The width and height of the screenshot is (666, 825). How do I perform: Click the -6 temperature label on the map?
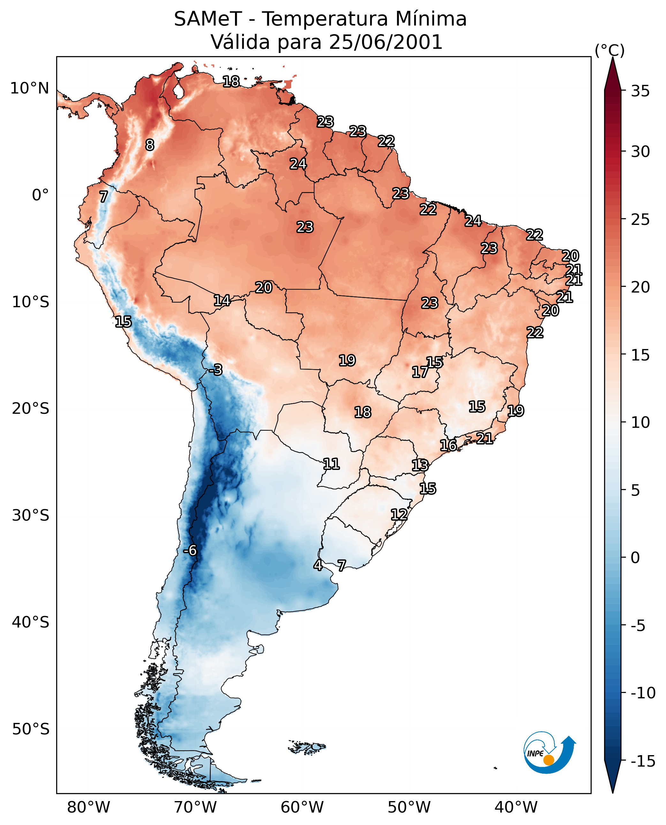(190, 551)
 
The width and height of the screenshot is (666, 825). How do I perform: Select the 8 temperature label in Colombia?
(150, 145)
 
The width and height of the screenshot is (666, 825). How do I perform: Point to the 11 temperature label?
(331, 464)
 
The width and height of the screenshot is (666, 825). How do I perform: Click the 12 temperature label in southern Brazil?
(399, 515)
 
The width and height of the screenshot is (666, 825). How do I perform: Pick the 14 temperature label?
(222, 301)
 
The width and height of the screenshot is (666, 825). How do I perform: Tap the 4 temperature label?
(318, 565)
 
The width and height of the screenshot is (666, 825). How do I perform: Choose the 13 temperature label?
(420, 465)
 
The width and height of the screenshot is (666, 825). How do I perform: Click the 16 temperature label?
(448, 445)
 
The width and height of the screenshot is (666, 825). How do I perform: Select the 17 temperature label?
(420, 372)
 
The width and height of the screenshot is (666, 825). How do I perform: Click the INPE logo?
(549, 752)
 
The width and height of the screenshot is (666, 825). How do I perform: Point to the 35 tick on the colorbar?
(640, 91)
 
